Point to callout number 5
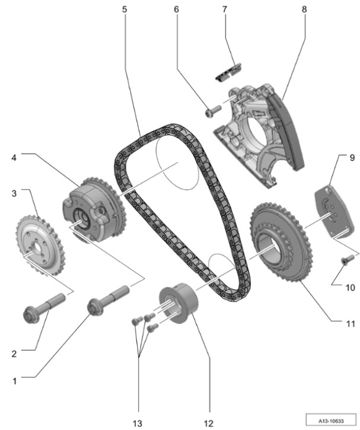point(125,10)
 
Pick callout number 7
point(225,10)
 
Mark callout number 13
point(138,423)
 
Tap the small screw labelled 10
point(346,259)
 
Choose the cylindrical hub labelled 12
point(179,304)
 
